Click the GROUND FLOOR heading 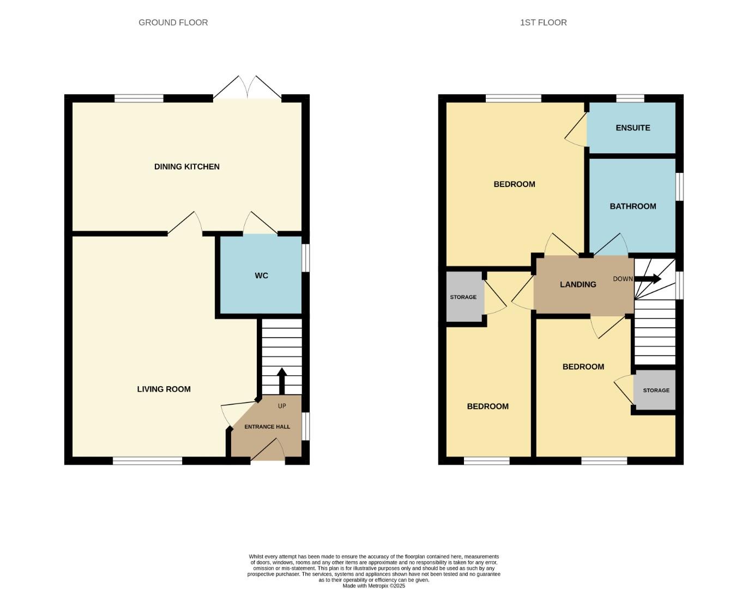(173, 22)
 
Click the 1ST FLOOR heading (543, 22)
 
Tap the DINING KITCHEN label (186, 166)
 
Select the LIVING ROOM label (164, 389)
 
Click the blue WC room (261, 275)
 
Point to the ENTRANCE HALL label (267, 426)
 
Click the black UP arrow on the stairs (282, 380)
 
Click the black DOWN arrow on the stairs (648, 279)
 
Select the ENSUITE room (632, 128)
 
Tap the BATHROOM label (632, 206)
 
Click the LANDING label (578, 284)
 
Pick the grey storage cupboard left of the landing (464, 297)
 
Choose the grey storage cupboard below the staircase (655, 390)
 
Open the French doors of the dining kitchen (248, 90)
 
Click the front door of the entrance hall (268, 453)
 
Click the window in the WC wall (306, 257)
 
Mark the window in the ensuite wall (630, 98)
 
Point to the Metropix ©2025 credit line (373, 586)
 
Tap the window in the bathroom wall (679, 187)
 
